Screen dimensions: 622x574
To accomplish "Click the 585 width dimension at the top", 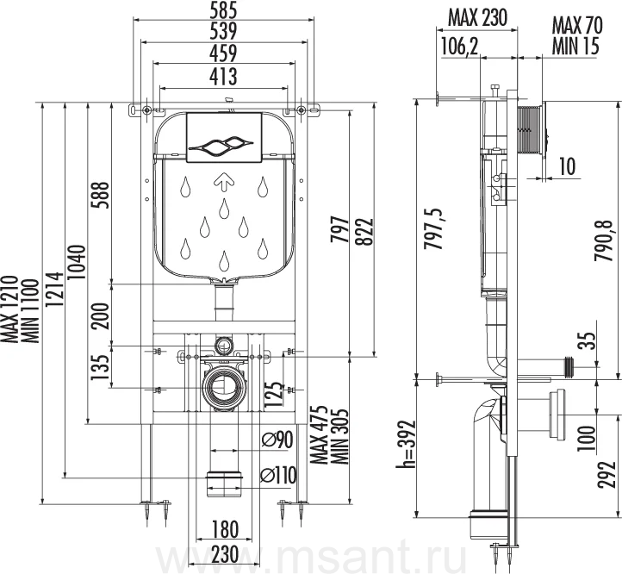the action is coord(224,9).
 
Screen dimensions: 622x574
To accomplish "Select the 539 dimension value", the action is coord(224,31).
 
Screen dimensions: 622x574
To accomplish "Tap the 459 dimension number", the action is coord(224,53).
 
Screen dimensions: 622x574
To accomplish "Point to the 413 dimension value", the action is coord(224,76).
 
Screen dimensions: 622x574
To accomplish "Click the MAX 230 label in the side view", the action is coord(477,18).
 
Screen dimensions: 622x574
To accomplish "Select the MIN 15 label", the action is coord(575,46).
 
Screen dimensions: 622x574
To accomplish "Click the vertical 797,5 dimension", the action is coord(434,228).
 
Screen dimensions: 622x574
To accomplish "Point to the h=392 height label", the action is coord(406,444).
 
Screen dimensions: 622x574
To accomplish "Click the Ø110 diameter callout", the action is coord(279,475).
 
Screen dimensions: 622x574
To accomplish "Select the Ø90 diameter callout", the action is coord(277,440).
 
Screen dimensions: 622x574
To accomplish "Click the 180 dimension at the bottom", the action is coord(224,529).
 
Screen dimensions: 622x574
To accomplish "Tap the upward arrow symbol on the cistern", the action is coord(224,182).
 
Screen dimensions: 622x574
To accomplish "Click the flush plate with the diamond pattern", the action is coord(224,137).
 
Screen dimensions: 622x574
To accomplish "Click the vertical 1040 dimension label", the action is coord(77,262).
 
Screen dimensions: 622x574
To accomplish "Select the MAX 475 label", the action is coord(320,435).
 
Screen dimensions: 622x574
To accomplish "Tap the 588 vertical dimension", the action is coord(99,196).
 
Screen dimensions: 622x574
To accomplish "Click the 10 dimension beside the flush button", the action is coord(567,166).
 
